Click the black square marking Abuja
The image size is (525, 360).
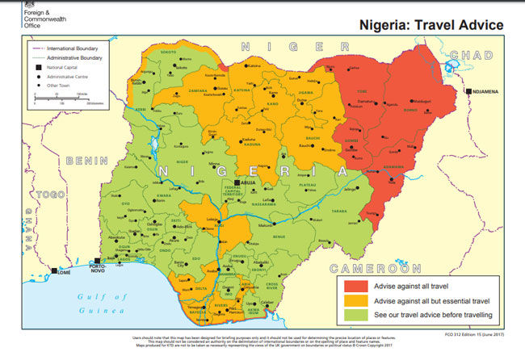[235, 183]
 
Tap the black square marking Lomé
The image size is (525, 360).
[54, 271]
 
